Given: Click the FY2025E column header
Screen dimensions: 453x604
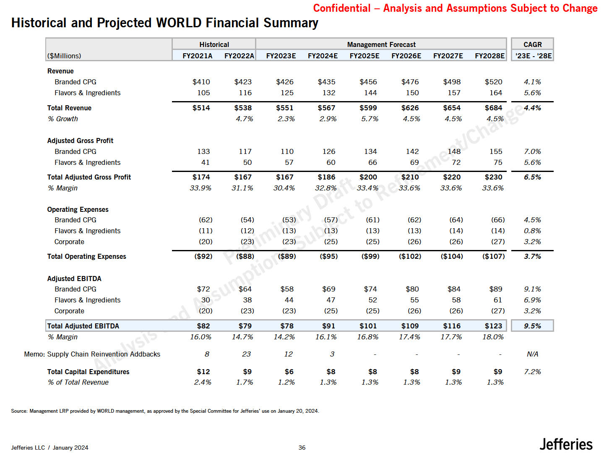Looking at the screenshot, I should pos(364,56).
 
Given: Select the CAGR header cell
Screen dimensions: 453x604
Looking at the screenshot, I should pos(532,44).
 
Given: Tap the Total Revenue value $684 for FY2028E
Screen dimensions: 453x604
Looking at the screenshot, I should pos(493,108).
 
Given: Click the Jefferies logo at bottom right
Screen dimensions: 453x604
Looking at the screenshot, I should pos(566,444).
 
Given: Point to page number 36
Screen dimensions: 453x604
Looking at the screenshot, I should pos(302,448).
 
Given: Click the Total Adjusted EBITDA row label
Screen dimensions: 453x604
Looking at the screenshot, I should pos(83,326).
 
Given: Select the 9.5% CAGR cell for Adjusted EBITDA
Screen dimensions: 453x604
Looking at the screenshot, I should pos(532,326).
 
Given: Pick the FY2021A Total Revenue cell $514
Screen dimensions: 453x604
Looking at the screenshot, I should pos(201,108).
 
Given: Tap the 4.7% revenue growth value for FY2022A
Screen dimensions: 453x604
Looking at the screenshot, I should pos(244,119).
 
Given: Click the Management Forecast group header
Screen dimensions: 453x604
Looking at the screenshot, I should pos(381,44).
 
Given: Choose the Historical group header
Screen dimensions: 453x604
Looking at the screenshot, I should pos(214,44).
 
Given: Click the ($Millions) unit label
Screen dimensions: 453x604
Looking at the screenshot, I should pos(64,56).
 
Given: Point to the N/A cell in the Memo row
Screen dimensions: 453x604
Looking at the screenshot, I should pos(532,354).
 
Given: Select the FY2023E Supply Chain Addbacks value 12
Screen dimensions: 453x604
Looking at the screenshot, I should pos(288,354).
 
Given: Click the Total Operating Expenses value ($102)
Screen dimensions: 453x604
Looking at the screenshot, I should pos(410,256).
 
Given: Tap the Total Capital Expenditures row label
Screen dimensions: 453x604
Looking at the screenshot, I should pos(88,372).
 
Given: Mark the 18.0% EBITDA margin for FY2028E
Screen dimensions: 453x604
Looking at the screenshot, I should pos(493,337).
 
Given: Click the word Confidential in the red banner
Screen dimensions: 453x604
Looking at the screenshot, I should pos(341,8).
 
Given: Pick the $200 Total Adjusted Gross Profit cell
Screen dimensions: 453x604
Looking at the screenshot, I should pos(368,177).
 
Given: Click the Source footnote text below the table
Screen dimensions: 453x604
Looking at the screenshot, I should pos(165,411).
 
